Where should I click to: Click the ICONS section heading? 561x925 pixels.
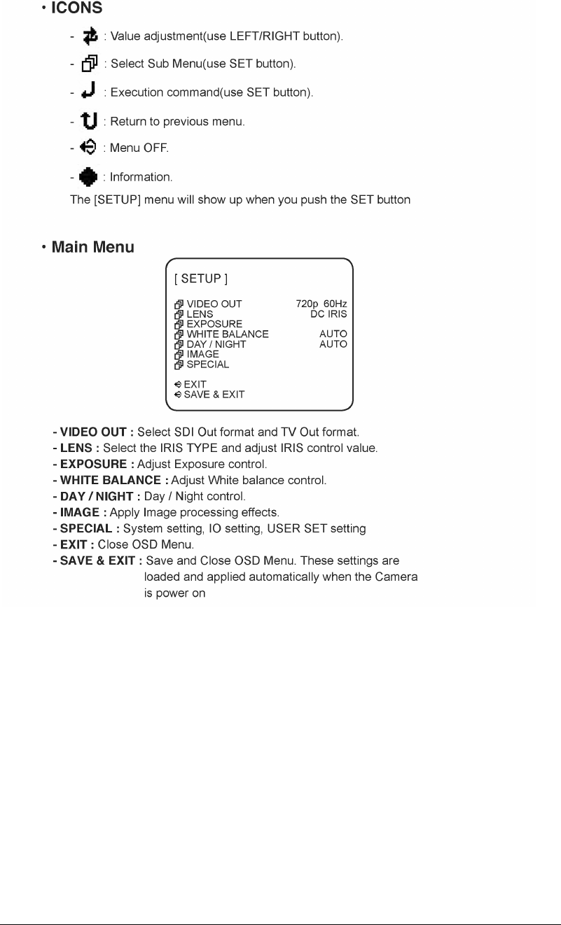[x=76, y=9]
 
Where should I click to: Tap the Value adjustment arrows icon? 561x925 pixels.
[x=89, y=35]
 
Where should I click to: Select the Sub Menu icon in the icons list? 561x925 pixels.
[x=89, y=64]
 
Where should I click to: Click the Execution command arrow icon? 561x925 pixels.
[x=89, y=92]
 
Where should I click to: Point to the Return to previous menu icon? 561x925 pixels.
[x=89, y=121]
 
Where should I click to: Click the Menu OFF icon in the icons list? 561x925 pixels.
[x=88, y=148]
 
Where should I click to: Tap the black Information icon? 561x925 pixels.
[x=88, y=177]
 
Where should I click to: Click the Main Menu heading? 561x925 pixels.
[x=92, y=248]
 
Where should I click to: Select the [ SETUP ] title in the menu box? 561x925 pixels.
[x=201, y=279]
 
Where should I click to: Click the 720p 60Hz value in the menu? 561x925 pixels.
[x=321, y=304]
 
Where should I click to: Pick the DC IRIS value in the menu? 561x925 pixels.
[x=328, y=314]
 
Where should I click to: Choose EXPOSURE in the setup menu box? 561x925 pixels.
[x=214, y=324]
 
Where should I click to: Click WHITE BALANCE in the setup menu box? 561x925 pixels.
[x=227, y=334]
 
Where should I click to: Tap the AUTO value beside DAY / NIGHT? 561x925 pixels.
[x=333, y=344]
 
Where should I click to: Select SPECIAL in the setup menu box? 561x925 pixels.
[x=207, y=365]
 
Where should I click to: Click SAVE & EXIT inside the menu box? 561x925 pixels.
[x=214, y=395]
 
